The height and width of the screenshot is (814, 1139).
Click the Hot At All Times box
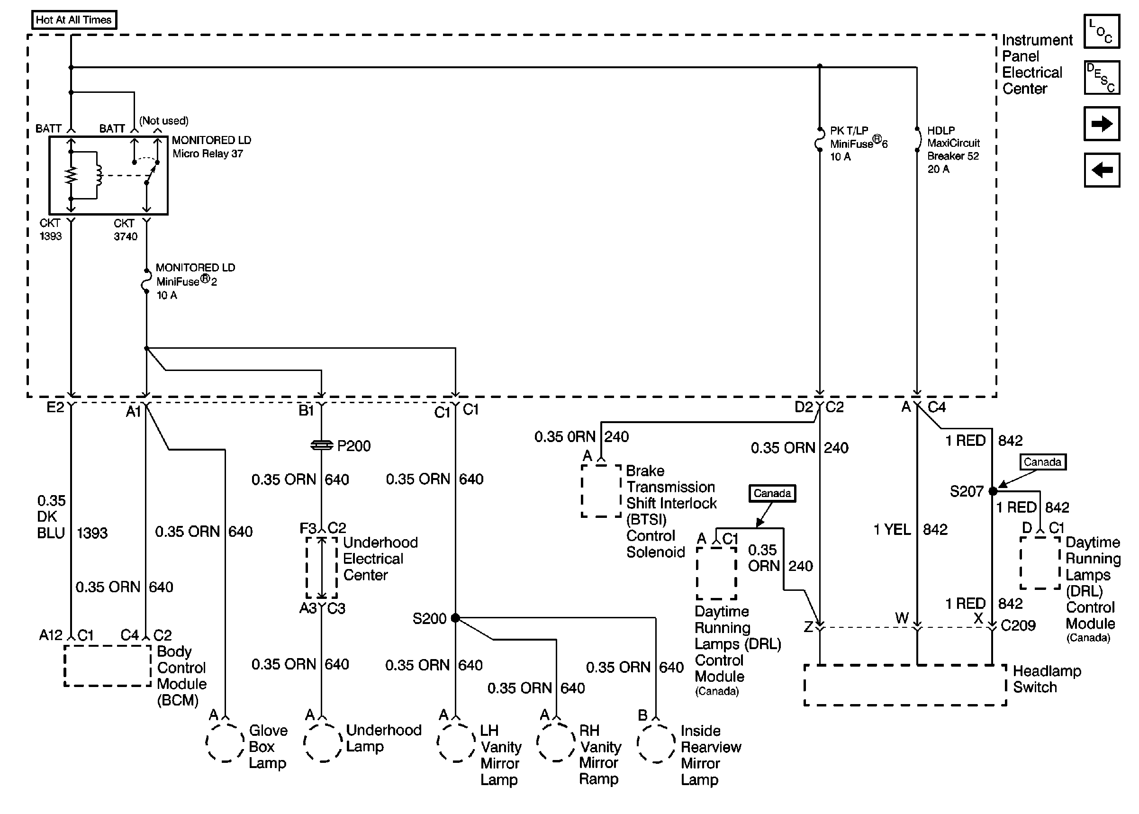[x=73, y=20]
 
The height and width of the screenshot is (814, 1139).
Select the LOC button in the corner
[x=1102, y=32]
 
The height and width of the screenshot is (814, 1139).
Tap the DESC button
[x=1102, y=78]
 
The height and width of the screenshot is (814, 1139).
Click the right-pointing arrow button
[x=1102, y=124]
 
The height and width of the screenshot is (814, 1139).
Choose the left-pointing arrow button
[x=1102, y=170]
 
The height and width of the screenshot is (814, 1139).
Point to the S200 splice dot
[x=455, y=618]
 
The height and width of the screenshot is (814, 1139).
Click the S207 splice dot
[x=993, y=491]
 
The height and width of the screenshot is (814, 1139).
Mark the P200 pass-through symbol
[x=321, y=445]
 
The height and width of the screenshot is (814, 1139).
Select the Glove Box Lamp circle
[x=225, y=742]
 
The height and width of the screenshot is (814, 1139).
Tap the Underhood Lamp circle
[x=323, y=742]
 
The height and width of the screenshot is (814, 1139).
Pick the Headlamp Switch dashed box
[x=905, y=685]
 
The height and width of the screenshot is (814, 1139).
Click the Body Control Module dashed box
[x=108, y=666]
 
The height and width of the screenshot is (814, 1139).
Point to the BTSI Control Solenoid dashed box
[x=601, y=491]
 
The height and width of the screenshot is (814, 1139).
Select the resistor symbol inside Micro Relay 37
[x=72, y=175]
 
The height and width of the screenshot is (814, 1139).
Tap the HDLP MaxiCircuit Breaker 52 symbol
[x=918, y=140]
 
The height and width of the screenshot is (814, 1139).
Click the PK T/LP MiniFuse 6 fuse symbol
[x=819, y=140]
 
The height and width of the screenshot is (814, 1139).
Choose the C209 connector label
[x=1018, y=625]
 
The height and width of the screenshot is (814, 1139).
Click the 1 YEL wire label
[x=892, y=529]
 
